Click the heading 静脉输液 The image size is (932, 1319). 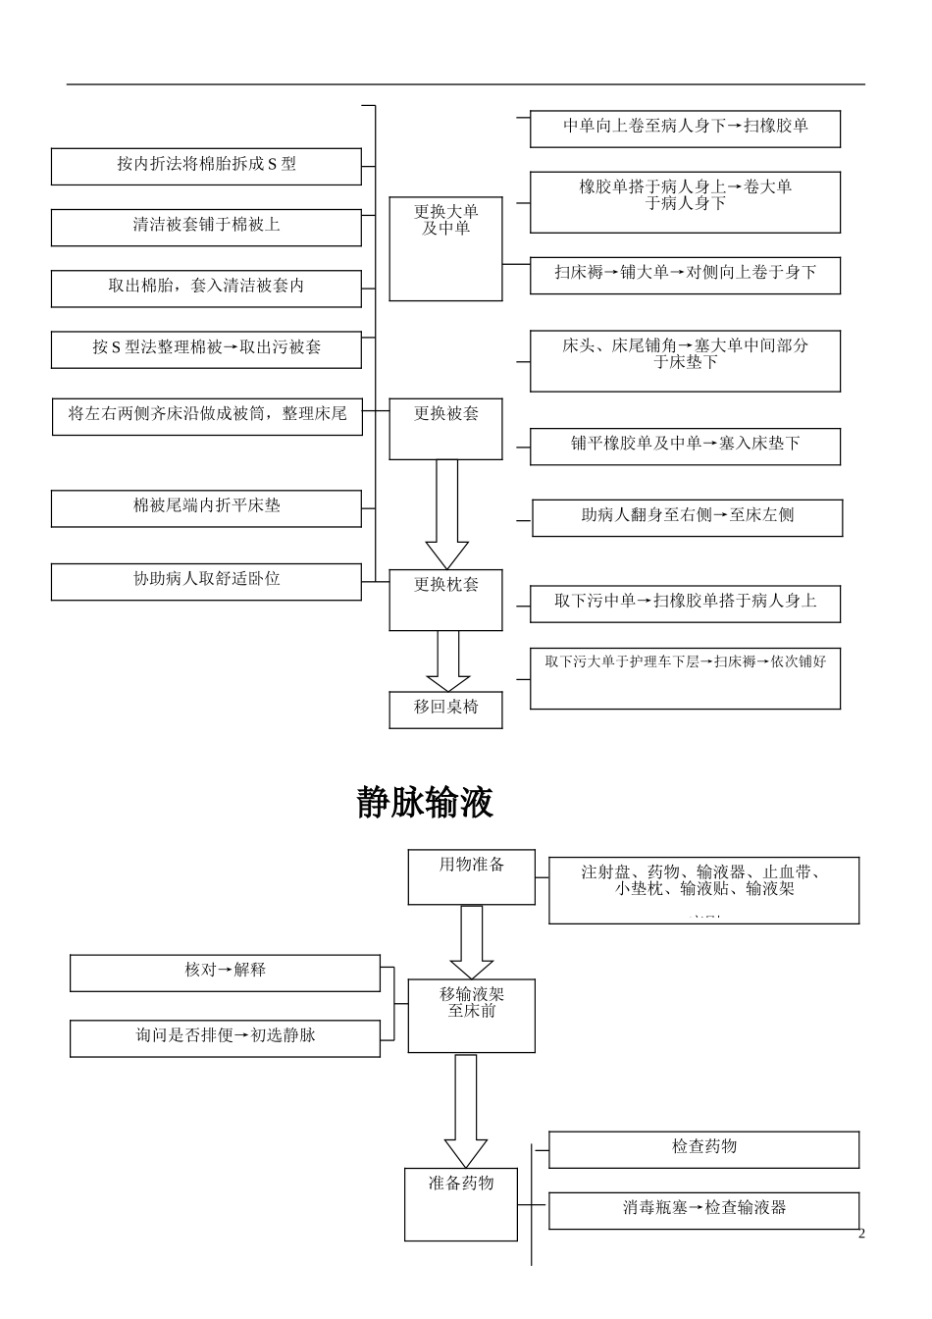pyautogui.click(x=424, y=803)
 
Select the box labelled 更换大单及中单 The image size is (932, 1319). pyautogui.click(x=445, y=248)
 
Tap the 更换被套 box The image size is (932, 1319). pyautogui.click(x=445, y=429)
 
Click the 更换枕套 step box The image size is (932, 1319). pyautogui.click(x=445, y=600)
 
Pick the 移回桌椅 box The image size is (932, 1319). pyautogui.click(x=445, y=709)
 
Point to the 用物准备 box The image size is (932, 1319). pyautogui.click(x=471, y=876)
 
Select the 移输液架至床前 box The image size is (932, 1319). pyautogui.click(x=471, y=1015)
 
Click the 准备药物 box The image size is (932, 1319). pyautogui.click(x=460, y=1203)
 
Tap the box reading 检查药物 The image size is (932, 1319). pyautogui.click(x=703, y=1149)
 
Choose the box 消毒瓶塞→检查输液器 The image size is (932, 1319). pyautogui.click(x=703, y=1210)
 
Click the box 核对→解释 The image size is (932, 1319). pyautogui.click(x=225, y=973)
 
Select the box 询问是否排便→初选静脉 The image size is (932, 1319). pyautogui.click(x=225, y=1037)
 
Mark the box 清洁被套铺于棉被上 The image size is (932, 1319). pyautogui.click(x=206, y=227)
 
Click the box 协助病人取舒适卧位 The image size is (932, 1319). pyautogui.click(x=206, y=581)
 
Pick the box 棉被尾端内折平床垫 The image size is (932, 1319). pyautogui.click(x=206, y=508)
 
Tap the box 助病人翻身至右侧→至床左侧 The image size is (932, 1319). pyautogui.click(x=687, y=517)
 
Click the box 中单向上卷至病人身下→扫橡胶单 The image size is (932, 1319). pyautogui.click(x=685, y=129)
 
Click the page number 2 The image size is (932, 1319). pyautogui.click(x=861, y=1234)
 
